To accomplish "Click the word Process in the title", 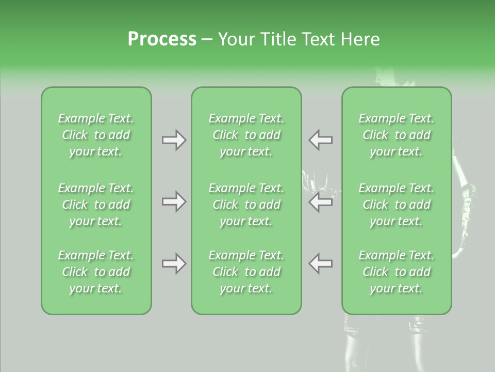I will coord(162,39).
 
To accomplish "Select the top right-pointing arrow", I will coord(174,140).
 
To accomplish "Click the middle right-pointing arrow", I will coord(174,202).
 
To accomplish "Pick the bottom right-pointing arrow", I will coord(174,263).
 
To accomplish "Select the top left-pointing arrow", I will coord(321,140).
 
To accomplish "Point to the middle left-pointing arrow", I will coord(321,202).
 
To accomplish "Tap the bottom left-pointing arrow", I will coord(321,263).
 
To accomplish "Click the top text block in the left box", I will coord(96,135).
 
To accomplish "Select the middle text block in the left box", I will coord(96,205).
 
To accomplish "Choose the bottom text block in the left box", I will coord(96,272).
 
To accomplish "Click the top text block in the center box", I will coord(246,135).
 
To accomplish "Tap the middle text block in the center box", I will coord(246,205).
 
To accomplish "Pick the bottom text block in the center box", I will coord(246,272).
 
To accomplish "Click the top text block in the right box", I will coord(396,135).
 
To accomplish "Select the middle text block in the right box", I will coord(396,205).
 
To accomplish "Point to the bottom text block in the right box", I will coord(396,272).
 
